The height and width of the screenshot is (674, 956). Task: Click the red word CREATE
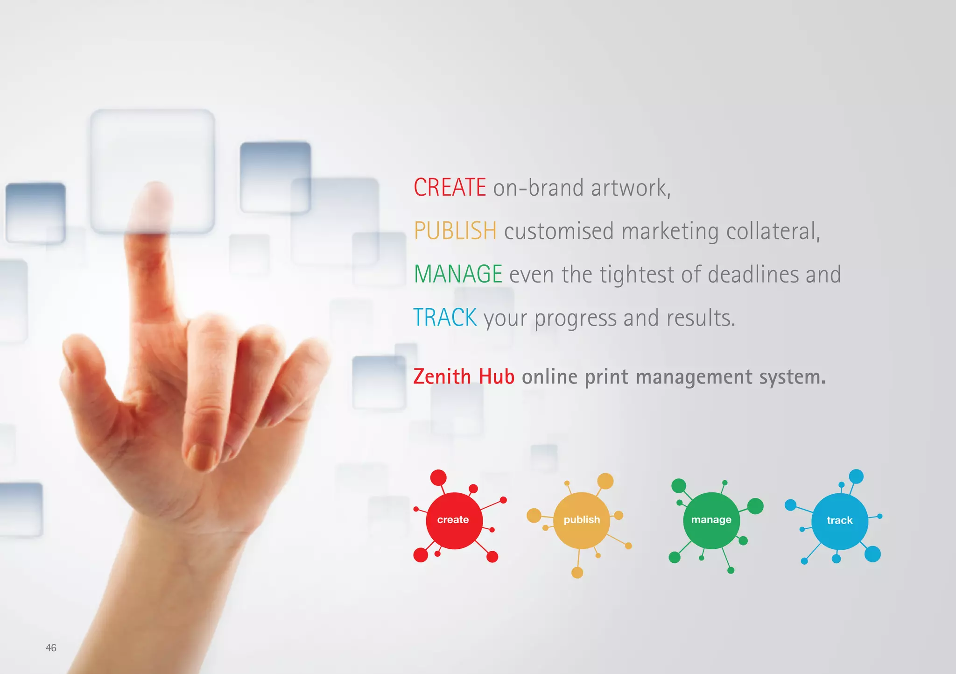tap(450, 187)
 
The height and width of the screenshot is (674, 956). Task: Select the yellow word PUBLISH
tap(455, 231)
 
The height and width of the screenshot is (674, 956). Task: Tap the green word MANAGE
tap(458, 274)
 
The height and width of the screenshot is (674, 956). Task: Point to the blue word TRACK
tap(445, 318)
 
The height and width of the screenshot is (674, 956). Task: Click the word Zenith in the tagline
tap(442, 376)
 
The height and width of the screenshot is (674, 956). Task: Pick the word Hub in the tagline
tap(497, 376)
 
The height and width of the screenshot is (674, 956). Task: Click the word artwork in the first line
tap(630, 188)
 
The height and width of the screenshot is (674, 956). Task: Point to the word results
tap(700, 318)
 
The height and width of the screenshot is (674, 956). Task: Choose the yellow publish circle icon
tap(582, 520)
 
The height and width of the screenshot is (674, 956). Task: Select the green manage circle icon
tap(711, 520)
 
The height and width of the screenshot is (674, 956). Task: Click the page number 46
tap(51, 648)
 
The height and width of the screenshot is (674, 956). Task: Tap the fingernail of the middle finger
tap(202, 455)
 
